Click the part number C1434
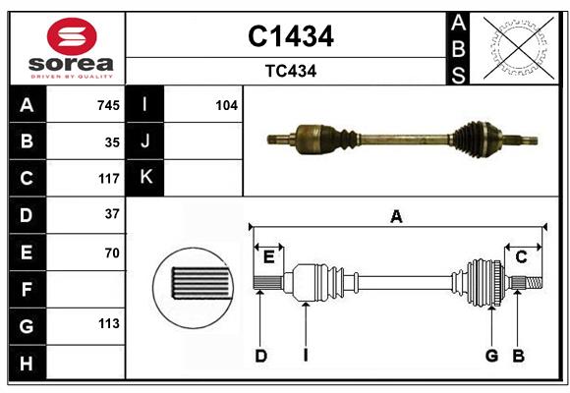[x=290, y=36]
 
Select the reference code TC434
[x=290, y=71]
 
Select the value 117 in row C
[x=108, y=179]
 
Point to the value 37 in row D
[x=112, y=214]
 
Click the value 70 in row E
[x=112, y=253]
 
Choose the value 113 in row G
[x=108, y=324]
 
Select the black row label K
[x=145, y=178]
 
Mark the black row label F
[x=27, y=289]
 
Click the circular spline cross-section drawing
[x=193, y=285]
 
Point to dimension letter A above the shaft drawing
[x=396, y=217]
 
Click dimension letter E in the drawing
[x=268, y=257]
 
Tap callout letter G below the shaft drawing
[x=490, y=356]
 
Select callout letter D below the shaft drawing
[x=261, y=356]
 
